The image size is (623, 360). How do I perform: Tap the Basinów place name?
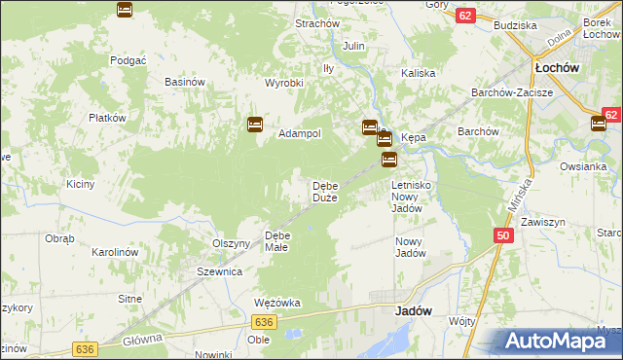pos(184,82)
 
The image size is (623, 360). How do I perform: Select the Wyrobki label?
pos(285,83)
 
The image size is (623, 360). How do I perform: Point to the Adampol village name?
pos(300,133)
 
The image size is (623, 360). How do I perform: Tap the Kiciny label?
pos(80,184)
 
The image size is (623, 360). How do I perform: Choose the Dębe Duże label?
pos(324,192)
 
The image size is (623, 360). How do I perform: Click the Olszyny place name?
pos(232,243)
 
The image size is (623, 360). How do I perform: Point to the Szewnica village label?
pos(219,272)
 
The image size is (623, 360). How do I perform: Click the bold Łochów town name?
pos(558,68)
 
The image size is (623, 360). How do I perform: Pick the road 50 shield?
pos(503,235)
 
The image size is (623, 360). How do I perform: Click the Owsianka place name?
pos(583,166)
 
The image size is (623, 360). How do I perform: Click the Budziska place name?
pos(516,25)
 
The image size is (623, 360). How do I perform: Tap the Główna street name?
pos(143,342)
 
